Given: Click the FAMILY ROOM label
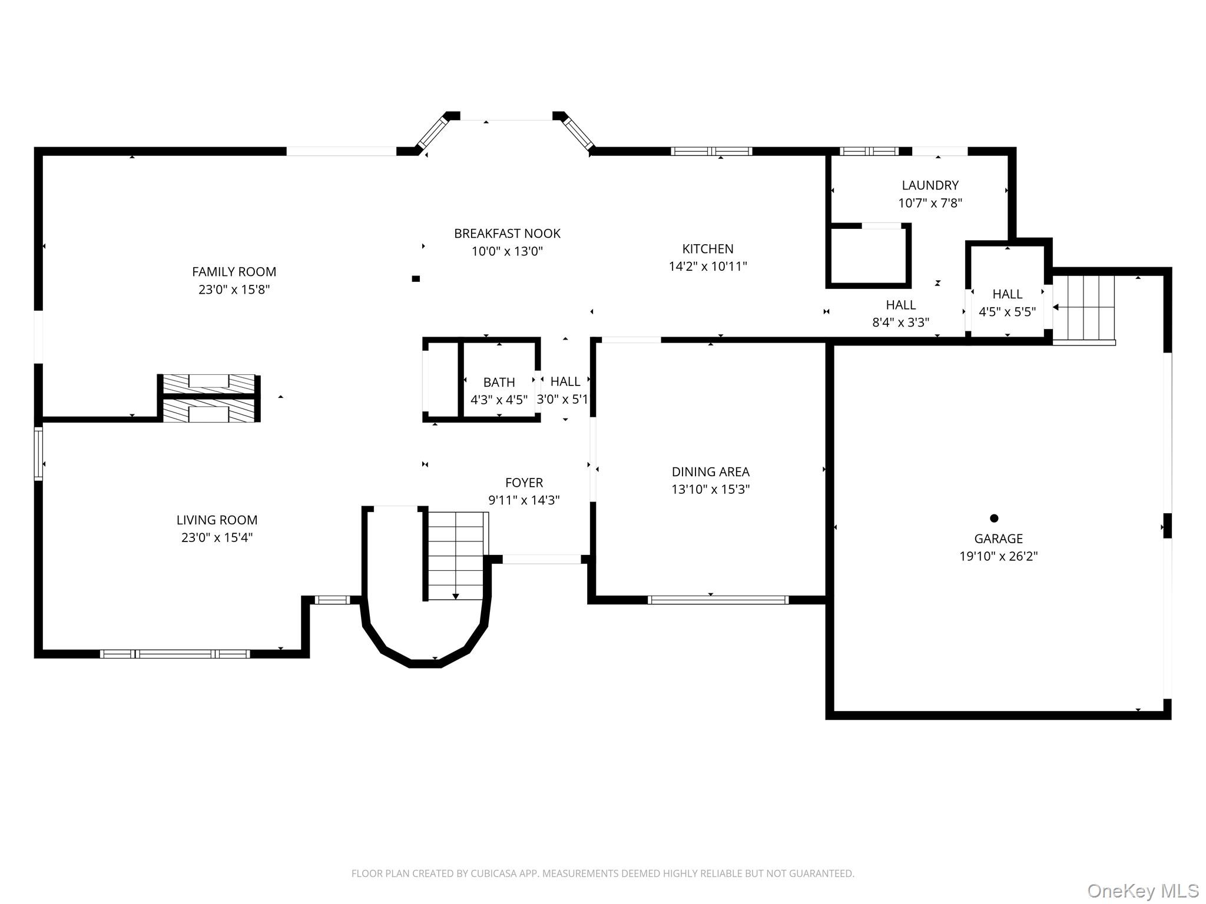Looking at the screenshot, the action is [234, 272].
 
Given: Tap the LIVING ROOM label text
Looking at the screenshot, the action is [217, 520].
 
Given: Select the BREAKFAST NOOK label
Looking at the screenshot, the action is [507, 234].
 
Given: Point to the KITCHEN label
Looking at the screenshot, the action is [708, 249].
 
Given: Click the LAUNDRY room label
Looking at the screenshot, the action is [930, 185].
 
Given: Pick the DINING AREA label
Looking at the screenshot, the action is [710, 472].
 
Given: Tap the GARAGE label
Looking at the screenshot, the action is [998, 539].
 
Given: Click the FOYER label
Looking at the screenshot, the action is [524, 483].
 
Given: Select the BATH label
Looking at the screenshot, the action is [499, 383].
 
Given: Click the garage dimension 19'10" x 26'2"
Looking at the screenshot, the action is [998, 556].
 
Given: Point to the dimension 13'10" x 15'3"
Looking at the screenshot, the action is [710, 489].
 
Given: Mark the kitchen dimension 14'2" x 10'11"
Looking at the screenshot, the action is [708, 266].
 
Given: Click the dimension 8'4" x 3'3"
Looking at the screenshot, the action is [900, 323].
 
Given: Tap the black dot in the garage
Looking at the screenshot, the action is [994, 519].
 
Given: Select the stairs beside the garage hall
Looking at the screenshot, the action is [1084, 308].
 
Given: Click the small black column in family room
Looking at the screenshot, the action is [416, 279].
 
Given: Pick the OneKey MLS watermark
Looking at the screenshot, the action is [1143, 890].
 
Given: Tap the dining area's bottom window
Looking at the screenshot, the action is [718, 600].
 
